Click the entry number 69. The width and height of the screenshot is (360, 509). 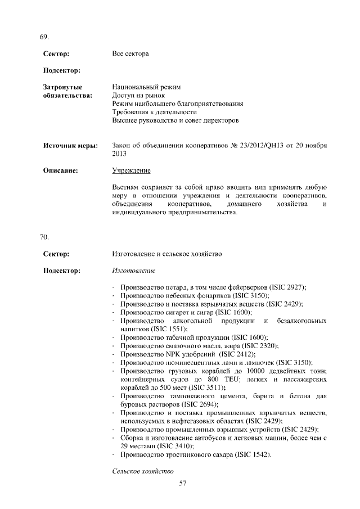tap(43, 37)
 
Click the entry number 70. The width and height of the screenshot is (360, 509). tap(43, 237)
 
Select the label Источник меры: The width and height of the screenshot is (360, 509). tap(71, 146)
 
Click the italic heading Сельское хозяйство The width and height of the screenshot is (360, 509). tap(143, 470)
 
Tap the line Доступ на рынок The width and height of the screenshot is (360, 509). tap(138, 96)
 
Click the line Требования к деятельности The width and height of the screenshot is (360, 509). tap(151, 112)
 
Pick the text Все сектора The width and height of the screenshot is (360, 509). tap(130, 54)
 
